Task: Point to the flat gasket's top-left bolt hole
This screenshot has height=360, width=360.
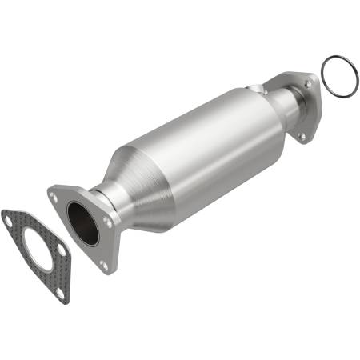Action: [x=10, y=218]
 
